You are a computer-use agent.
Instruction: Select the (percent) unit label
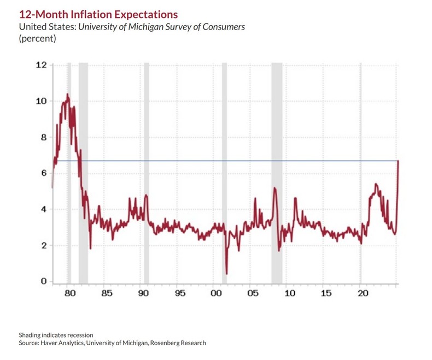tap(38, 39)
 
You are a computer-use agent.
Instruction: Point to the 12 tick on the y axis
tap(40, 65)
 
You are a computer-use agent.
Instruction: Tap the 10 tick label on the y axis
tap(40, 101)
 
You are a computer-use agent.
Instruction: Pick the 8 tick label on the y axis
tap(43, 137)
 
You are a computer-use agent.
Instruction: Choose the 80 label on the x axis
tap(69, 293)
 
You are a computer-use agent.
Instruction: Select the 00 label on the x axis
tap(216, 293)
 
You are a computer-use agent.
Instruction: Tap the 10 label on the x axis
tap(289, 293)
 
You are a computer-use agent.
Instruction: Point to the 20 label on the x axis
tap(363, 293)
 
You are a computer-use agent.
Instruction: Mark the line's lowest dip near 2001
tap(226, 274)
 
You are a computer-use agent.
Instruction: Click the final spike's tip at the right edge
tap(399, 161)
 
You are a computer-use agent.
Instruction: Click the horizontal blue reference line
tap(219, 161)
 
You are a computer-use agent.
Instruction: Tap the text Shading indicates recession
tap(56, 334)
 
